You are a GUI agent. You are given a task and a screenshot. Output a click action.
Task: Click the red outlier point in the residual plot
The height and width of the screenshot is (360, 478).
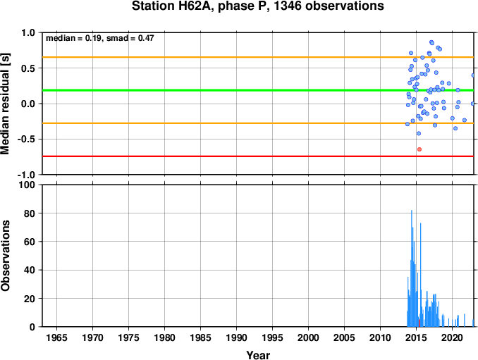(419, 149)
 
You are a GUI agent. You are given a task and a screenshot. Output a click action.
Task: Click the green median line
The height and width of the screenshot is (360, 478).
(258, 90)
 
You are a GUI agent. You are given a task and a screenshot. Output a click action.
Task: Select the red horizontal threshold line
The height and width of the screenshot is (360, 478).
(258, 156)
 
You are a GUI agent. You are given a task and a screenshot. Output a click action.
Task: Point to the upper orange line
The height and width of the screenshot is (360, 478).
(258, 57)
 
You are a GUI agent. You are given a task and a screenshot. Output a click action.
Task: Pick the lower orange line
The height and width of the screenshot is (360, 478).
(258, 123)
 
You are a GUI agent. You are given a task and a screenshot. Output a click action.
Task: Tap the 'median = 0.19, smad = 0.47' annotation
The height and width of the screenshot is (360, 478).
(100, 38)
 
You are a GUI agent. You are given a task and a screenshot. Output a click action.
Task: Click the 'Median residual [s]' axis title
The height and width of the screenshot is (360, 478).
(5, 104)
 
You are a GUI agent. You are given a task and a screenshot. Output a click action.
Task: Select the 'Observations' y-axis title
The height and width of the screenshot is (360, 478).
(5, 256)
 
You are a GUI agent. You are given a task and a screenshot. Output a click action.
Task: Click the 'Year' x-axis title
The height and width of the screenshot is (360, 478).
(258, 355)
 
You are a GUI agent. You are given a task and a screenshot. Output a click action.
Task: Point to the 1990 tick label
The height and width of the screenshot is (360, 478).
(237, 337)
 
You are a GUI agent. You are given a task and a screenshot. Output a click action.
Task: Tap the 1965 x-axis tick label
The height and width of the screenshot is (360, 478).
(56, 337)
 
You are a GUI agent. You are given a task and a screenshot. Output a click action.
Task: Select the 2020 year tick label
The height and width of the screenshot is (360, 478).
(452, 337)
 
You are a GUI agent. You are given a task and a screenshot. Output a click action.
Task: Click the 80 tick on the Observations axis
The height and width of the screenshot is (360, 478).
(30, 213)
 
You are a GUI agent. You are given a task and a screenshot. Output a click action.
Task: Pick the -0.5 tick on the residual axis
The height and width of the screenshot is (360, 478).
(26, 139)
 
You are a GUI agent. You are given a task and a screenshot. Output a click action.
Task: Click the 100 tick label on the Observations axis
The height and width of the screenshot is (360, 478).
(27, 185)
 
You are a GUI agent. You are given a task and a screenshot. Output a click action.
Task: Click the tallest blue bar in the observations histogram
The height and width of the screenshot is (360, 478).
(412, 268)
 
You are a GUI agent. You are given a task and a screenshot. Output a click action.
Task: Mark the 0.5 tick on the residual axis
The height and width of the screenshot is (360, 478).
(28, 68)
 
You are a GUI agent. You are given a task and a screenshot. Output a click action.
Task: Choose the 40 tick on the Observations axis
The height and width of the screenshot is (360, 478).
(30, 270)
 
